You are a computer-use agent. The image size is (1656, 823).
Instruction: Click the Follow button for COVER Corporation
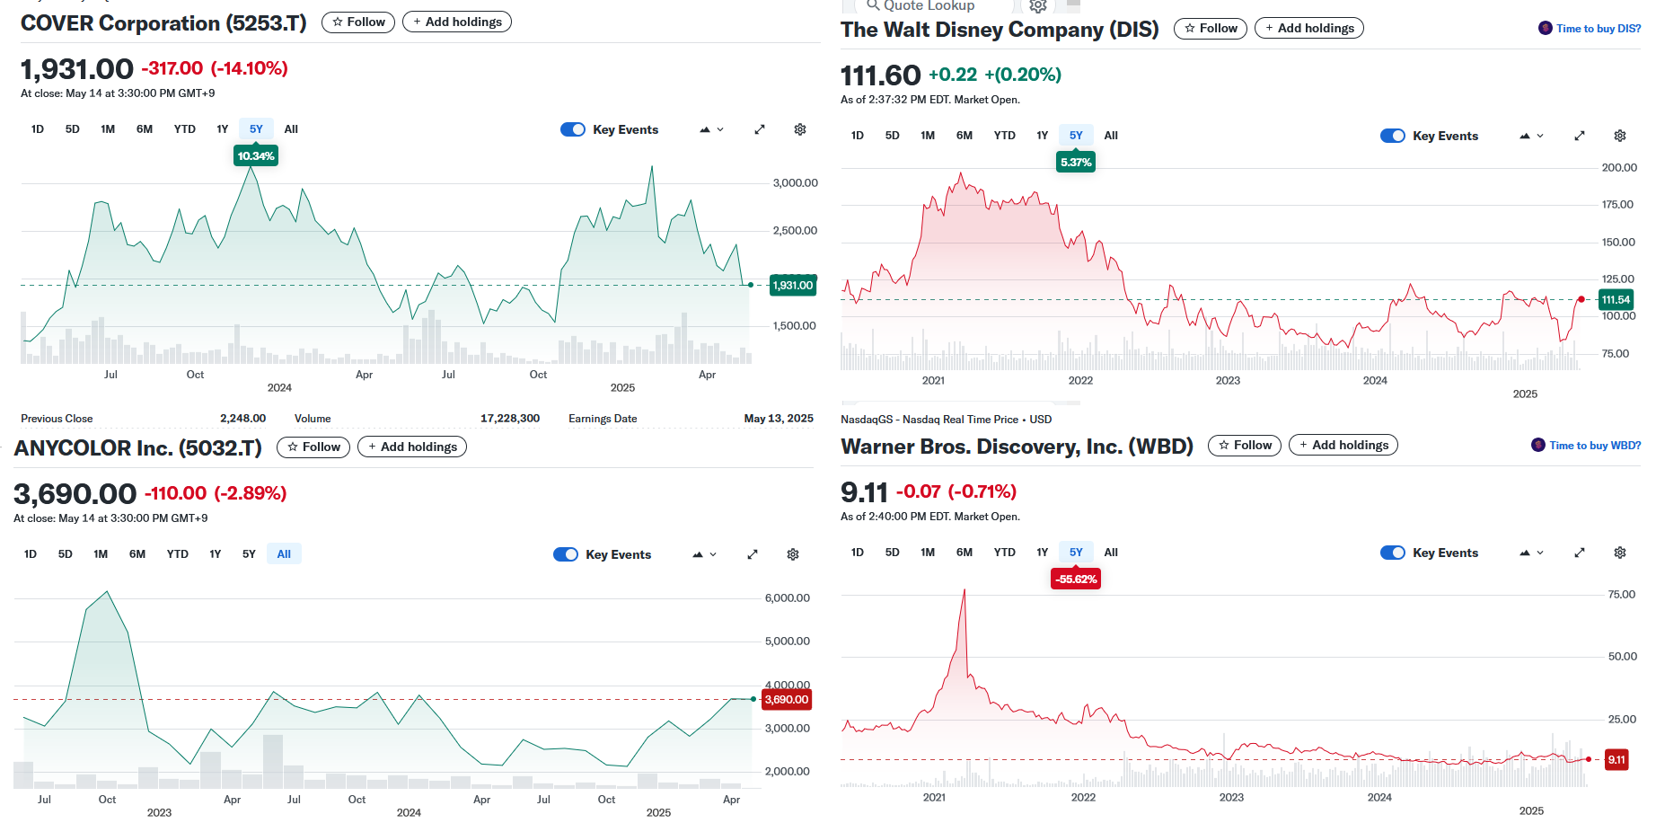pos(358,22)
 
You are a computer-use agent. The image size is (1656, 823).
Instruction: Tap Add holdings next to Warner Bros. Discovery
pos(1343,445)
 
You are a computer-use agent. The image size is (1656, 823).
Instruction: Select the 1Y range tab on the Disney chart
pos(1042,136)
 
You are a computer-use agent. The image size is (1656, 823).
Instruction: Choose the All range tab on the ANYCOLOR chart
pos(284,554)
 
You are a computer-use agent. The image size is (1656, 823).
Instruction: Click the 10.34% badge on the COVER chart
pos(256,156)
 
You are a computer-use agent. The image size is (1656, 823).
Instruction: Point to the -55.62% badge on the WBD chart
pos(1076,580)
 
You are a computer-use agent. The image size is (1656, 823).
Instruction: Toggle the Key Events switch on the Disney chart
pos(1392,136)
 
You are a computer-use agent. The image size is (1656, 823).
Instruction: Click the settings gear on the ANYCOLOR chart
pos(793,554)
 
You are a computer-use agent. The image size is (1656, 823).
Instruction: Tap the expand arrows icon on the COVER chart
pos(760,129)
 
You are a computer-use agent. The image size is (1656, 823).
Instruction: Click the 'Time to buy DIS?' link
pos(1598,29)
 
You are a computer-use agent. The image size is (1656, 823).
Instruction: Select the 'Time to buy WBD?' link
pos(1594,446)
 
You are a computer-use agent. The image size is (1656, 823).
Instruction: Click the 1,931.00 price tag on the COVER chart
pos(793,286)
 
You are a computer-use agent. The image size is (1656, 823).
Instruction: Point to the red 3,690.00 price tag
pos(787,700)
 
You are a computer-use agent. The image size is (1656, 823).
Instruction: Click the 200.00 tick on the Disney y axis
pos(1619,168)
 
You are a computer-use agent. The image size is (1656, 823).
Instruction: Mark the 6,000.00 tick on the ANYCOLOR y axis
pos(788,598)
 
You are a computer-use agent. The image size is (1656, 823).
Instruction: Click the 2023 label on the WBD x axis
pos(1231,798)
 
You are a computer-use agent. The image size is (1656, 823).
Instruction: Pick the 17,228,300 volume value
pos(510,419)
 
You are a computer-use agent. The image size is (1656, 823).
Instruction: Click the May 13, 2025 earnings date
pos(779,419)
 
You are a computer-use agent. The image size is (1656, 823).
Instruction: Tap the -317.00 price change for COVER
pos(172,68)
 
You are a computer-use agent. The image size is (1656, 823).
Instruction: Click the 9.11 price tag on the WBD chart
pos(1616,760)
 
